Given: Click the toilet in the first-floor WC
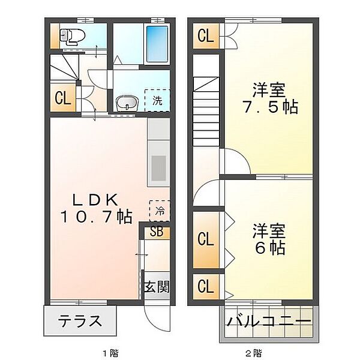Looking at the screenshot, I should click(71, 37).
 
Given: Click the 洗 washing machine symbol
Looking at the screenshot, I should click(157, 100).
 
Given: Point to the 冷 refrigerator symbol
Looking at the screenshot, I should click(160, 211).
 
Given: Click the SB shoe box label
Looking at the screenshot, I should click(156, 231).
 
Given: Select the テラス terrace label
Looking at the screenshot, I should click(80, 321).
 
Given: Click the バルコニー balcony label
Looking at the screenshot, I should click(269, 321).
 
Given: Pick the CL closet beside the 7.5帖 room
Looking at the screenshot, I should click(205, 37).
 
